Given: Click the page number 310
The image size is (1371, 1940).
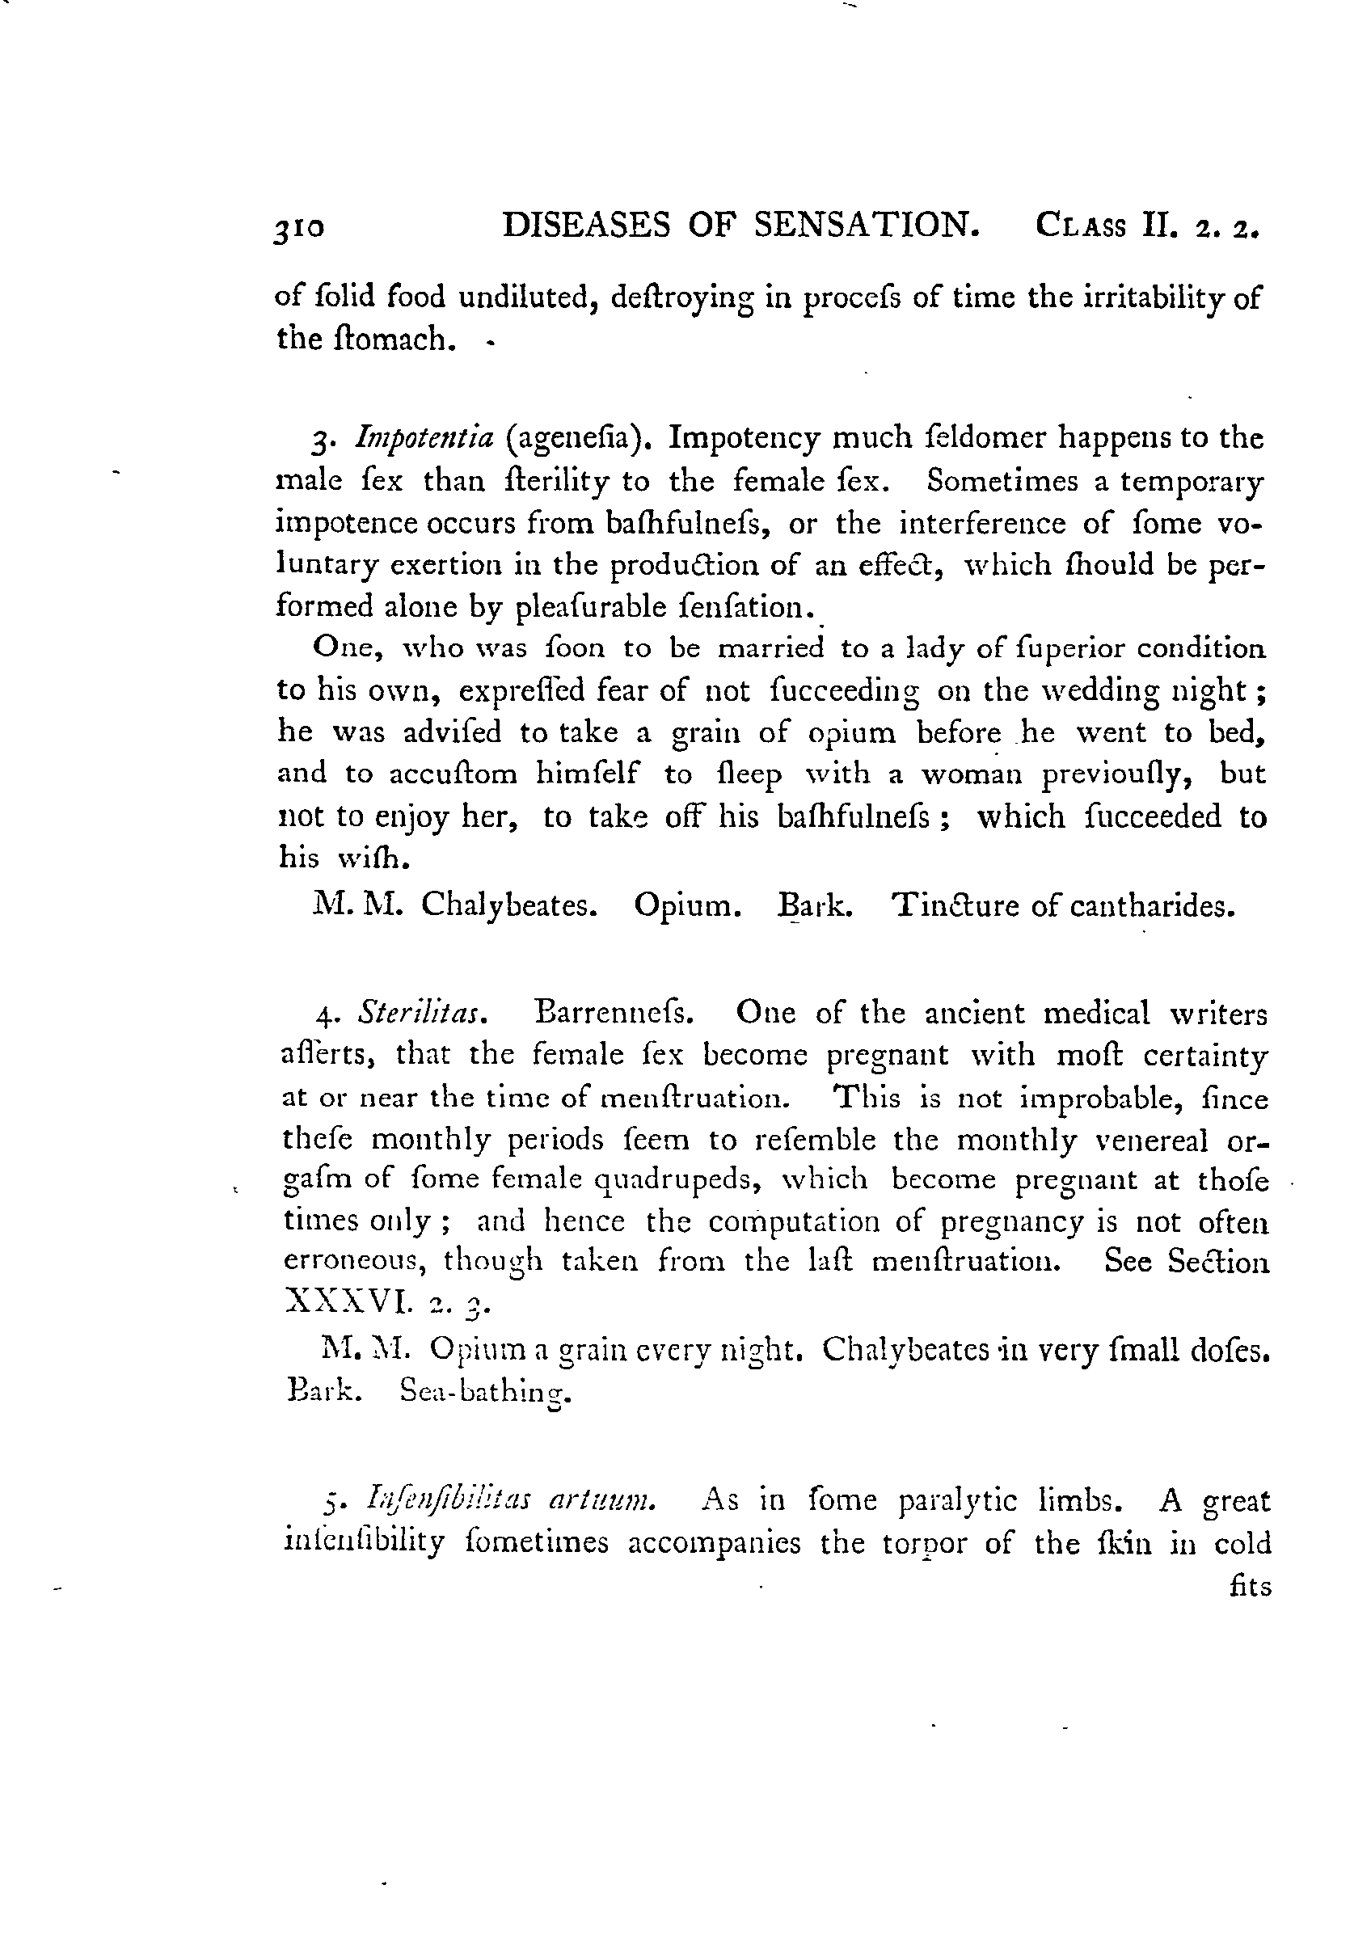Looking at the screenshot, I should pos(299,228).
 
